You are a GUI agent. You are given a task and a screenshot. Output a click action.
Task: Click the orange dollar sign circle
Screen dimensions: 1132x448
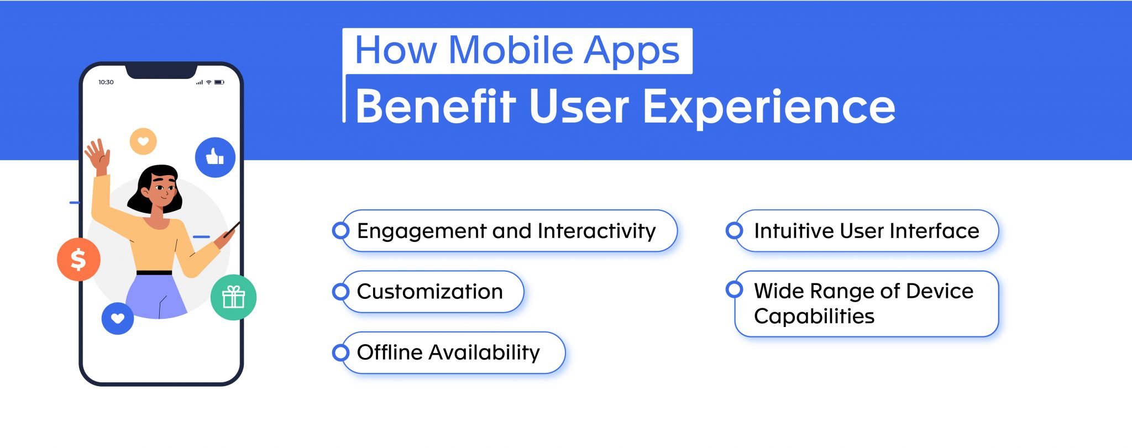[x=78, y=259]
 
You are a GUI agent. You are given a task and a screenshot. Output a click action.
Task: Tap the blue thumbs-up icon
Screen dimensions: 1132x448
[x=215, y=157]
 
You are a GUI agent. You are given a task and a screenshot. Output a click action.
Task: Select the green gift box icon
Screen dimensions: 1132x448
[x=233, y=297]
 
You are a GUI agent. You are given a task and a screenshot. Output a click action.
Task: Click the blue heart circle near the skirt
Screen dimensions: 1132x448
[x=118, y=319]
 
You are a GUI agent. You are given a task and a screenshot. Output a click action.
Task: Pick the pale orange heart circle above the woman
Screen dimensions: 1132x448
[x=143, y=141]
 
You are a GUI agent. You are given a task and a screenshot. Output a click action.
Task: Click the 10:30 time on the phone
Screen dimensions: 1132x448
[x=106, y=82]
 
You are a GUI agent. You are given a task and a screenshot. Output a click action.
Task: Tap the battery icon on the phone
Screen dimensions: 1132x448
[x=219, y=82]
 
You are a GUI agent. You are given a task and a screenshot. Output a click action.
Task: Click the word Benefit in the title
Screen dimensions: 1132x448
[x=436, y=106]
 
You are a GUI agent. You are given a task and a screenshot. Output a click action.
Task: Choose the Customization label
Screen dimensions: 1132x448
[x=429, y=292]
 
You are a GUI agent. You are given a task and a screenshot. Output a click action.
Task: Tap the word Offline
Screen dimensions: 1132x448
[x=389, y=352]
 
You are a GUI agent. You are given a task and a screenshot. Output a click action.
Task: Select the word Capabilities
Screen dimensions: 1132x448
[x=814, y=317]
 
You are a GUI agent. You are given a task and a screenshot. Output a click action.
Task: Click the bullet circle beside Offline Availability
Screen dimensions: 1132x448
[x=340, y=352]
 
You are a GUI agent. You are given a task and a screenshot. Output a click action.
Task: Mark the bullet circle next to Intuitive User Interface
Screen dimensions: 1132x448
[x=734, y=230]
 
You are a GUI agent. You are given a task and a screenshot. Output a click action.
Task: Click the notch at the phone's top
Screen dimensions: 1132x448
[x=161, y=71]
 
